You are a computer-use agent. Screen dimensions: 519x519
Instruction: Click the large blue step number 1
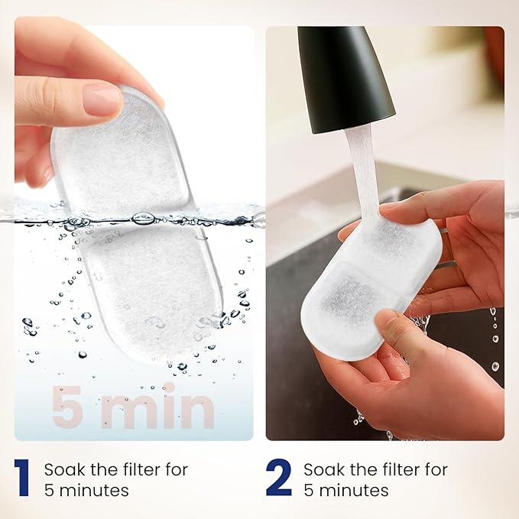pyautogui.click(x=22, y=478)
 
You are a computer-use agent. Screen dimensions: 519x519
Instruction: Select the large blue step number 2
pyautogui.click(x=279, y=478)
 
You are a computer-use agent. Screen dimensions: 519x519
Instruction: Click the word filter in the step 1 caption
pyautogui.click(x=138, y=469)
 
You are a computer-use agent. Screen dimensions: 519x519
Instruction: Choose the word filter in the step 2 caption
pyautogui.click(x=397, y=469)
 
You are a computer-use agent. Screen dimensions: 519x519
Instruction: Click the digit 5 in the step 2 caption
pyautogui.click(x=308, y=490)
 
